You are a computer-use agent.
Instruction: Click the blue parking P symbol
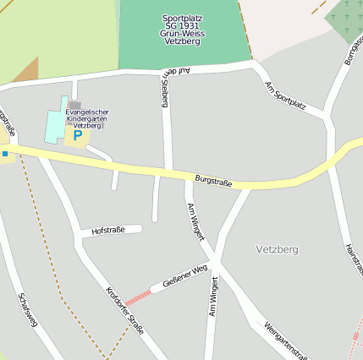click(x=77, y=135)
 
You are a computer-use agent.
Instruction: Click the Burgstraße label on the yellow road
click(x=212, y=179)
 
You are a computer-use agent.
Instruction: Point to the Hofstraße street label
click(x=108, y=230)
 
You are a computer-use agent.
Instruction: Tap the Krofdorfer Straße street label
click(x=124, y=311)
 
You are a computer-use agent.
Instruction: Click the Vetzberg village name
click(x=277, y=250)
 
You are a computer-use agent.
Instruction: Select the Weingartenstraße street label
click(x=284, y=340)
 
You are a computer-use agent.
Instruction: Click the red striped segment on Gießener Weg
click(x=138, y=296)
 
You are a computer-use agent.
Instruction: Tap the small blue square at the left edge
click(x=4, y=154)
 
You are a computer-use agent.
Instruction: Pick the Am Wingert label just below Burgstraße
click(x=195, y=222)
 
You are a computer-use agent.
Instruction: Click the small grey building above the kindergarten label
click(x=75, y=105)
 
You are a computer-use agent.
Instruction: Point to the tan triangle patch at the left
click(x=27, y=72)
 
